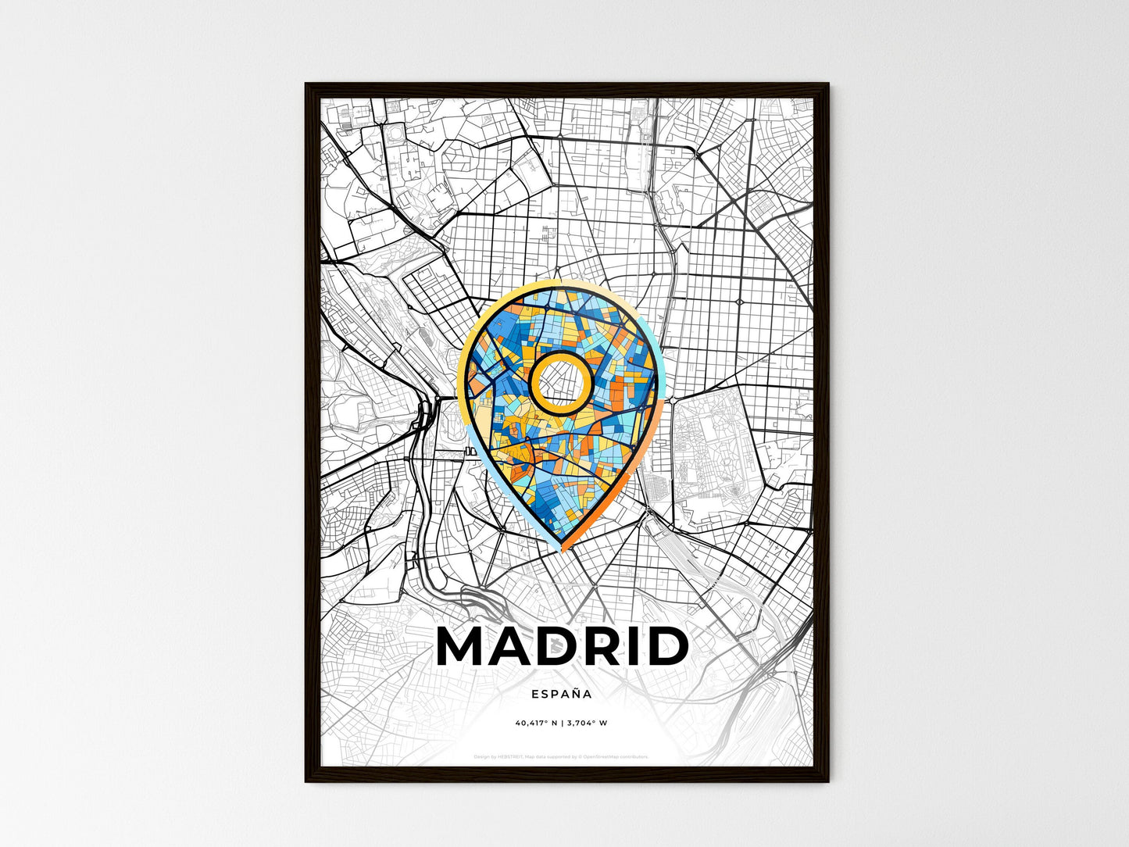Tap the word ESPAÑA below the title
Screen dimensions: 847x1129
click(x=561, y=693)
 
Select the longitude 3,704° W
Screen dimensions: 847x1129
click(x=587, y=723)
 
